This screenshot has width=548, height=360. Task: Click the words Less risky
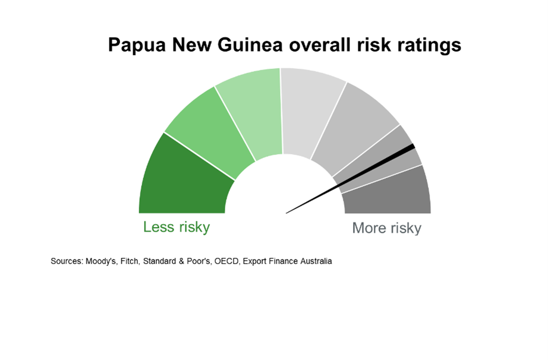(x=177, y=228)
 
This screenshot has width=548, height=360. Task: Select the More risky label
(x=386, y=228)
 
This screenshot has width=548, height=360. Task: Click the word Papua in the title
(x=137, y=45)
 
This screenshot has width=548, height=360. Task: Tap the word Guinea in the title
(x=250, y=45)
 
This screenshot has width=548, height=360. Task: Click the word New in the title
(x=191, y=45)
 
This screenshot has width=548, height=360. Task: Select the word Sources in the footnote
(x=67, y=261)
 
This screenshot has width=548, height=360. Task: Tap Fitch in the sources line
(x=130, y=261)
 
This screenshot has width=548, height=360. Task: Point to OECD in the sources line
(x=227, y=261)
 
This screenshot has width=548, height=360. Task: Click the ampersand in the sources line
(x=181, y=261)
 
